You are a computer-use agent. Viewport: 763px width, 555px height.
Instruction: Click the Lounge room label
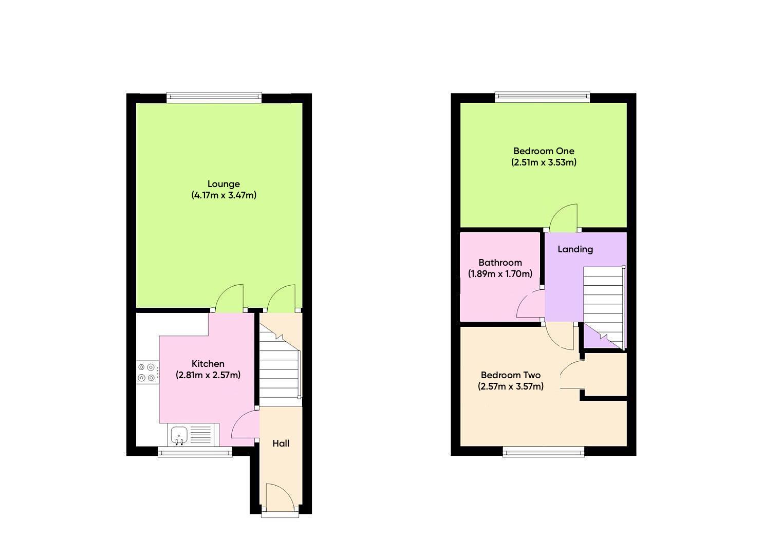click(224, 184)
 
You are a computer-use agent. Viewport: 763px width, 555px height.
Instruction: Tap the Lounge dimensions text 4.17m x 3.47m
click(224, 195)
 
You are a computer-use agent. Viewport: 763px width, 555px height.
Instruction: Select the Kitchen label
click(208, 364)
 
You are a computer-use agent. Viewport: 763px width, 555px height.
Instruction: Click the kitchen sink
click(179, 435)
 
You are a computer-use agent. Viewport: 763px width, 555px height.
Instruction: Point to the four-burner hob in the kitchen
click(146, 373)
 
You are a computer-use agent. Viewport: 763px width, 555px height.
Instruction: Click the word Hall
click(281, 443)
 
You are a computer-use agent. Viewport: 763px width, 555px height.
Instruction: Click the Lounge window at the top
click(214, 97)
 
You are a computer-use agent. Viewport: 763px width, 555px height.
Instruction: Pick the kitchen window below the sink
click(195, 452)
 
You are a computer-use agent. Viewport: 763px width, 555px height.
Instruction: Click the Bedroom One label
click(544, 151)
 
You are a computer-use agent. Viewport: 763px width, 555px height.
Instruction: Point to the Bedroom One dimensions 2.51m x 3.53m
click(544, 162)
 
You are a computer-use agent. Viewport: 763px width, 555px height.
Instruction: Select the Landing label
click(575, 249)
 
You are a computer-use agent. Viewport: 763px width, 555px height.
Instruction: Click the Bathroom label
click(500, 263)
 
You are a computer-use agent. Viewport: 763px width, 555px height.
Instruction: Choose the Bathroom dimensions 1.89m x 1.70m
click(500, 274)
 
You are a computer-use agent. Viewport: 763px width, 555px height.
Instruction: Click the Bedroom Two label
click(510, 375)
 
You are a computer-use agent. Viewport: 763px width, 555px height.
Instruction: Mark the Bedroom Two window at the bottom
click(544, 452)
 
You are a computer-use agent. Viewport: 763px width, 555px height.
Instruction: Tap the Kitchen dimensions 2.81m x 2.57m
click(208, 375)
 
